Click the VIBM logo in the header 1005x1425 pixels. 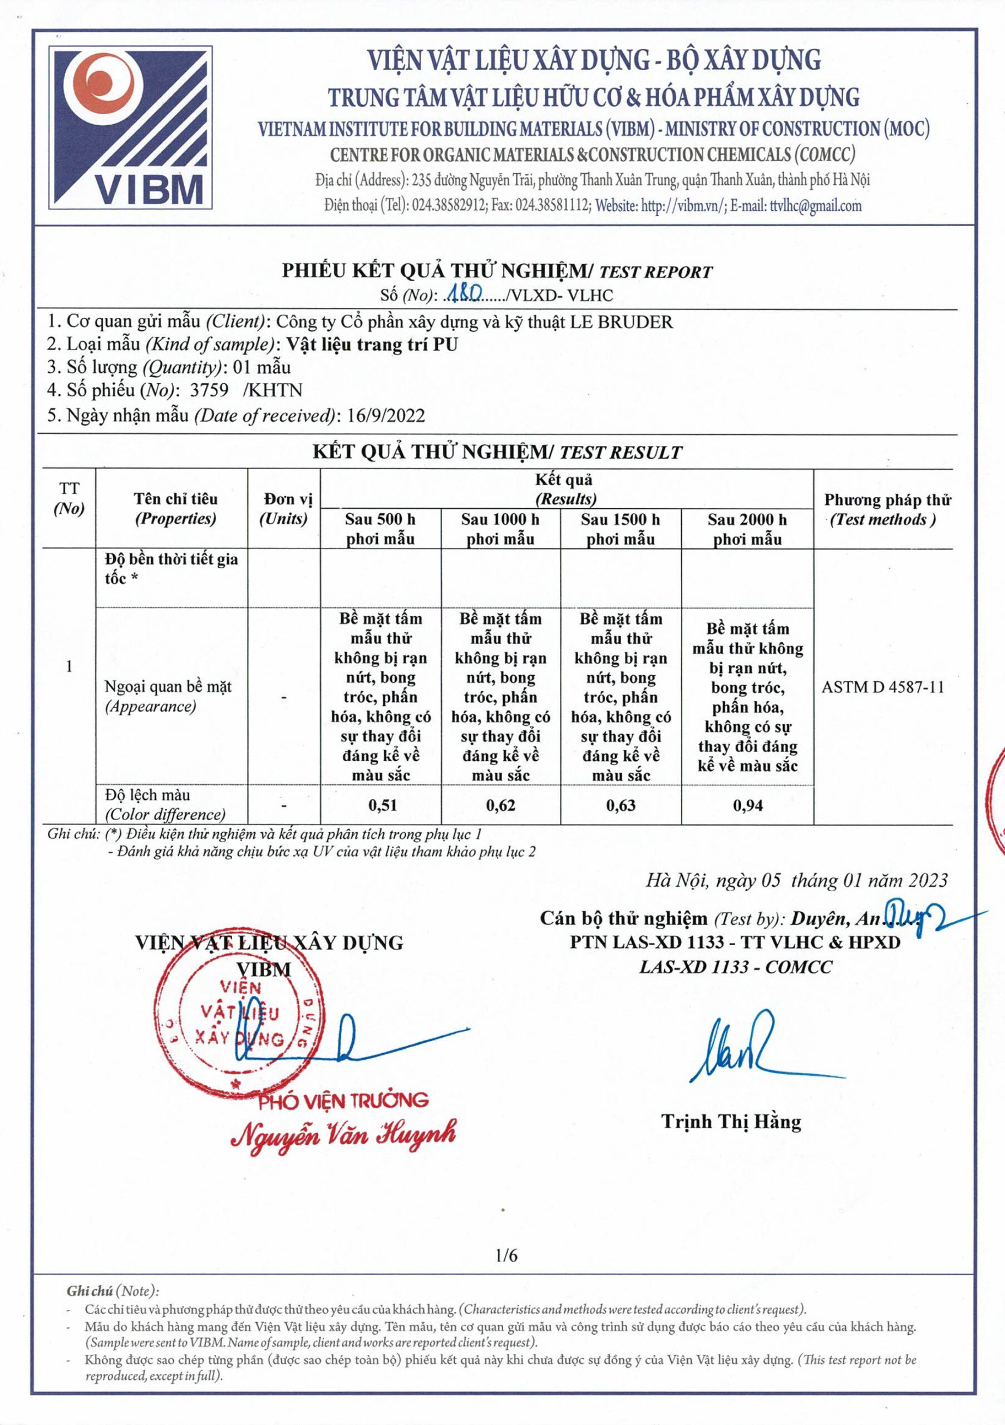pyautogui.click(x=131, y=127)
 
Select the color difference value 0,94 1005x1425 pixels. pyautogui.click(x=747, y=805)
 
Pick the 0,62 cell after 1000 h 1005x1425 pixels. pyautogui.click(x=501, y=805)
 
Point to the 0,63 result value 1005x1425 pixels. pyautogui.click(x=620, y=805)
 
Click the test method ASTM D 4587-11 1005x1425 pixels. pyautogui.click(x=882, y=687)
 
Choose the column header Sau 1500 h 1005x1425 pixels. pyautogui.click(x=620, y=529)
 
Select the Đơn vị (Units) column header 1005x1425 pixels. pyautogui.click(x=284, y=509)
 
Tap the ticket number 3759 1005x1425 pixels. pyautogui.click(x=209, y=390)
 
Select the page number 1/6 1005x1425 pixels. pyautogui.click(x=506, y=1256)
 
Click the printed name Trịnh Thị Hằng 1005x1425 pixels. pyautogui.click(x=731, y=1122)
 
